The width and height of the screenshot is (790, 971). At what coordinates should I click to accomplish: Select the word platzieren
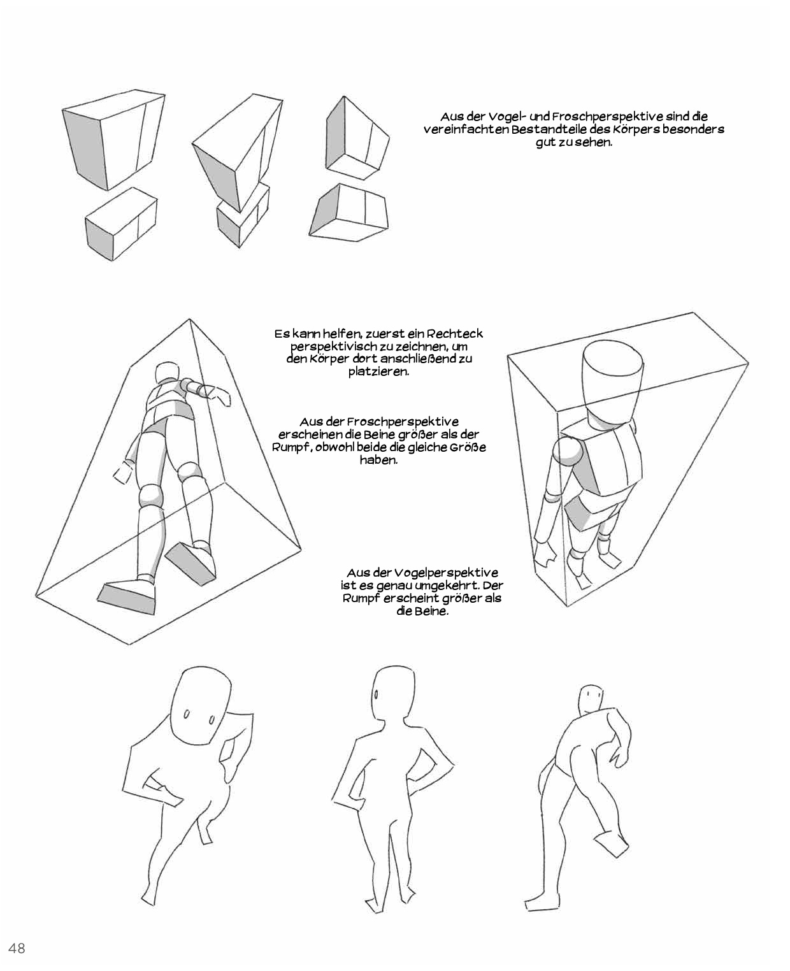point(379,372)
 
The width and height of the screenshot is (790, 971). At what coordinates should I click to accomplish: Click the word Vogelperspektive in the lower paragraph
point(446,573)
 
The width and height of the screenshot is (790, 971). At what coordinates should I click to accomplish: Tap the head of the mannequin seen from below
point(167,373)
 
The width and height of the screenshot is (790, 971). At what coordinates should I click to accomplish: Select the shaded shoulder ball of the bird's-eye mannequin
point(568,452)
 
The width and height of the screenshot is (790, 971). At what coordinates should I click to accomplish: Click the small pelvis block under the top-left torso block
point(121,224)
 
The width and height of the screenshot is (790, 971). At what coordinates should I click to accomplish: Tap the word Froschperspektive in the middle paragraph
point(403,422)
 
